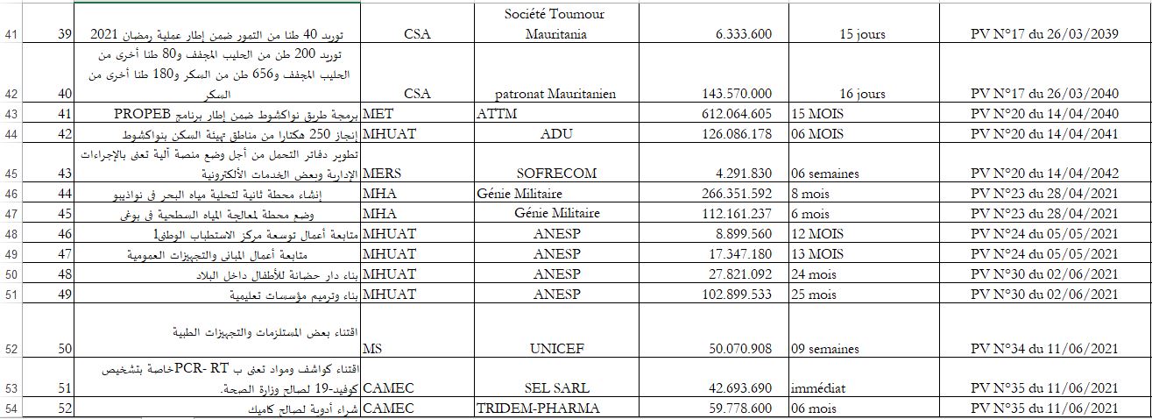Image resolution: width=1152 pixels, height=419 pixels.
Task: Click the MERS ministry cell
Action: click(x=381, y=174)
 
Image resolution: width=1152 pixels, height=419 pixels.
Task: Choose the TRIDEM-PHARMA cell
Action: click(x=538, y=408)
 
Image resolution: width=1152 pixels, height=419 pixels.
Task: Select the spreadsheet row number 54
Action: click(x=11, y=408)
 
